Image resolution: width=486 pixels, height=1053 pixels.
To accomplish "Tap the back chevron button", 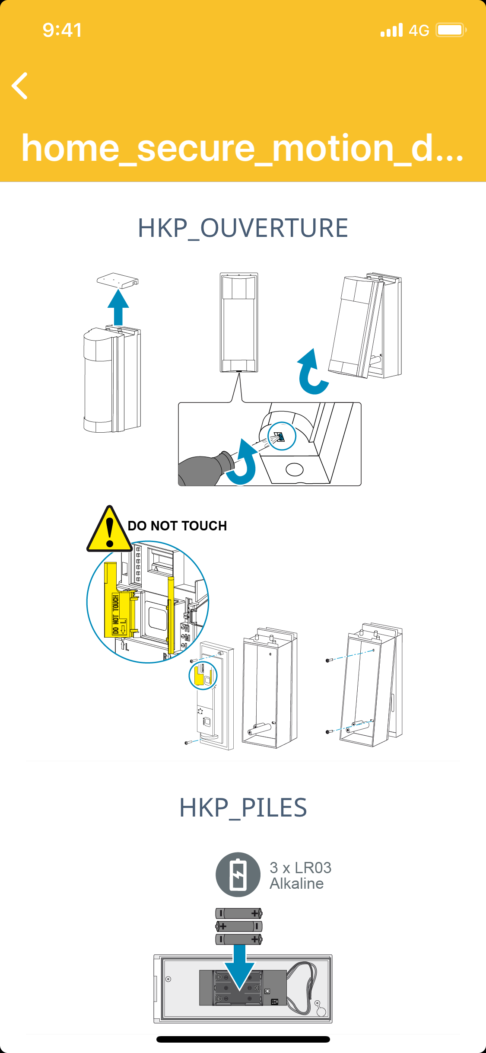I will coord(20,86).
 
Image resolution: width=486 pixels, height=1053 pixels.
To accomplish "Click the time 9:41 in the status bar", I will coord(62,30).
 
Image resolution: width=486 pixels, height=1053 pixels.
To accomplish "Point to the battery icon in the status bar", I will coord(451,30).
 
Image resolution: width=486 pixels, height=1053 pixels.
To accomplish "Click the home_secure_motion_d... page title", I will coord(242,148).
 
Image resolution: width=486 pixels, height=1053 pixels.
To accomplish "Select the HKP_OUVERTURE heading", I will coord(243,228).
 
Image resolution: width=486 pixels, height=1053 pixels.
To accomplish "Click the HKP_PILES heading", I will coord(243,807).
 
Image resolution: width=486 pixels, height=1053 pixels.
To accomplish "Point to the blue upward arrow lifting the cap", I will coord(118,307).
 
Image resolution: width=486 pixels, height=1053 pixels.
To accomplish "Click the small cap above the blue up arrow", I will coord(118,280).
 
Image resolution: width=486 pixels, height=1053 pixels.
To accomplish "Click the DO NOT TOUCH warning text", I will coord(177,526).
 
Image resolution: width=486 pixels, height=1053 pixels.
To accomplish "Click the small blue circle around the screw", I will coord(282,436).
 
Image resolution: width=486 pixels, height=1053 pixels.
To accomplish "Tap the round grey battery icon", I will coord(238,874).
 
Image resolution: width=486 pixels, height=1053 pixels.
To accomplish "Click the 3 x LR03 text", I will coord(300,868).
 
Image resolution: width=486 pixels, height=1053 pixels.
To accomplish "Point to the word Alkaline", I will coord(296,884).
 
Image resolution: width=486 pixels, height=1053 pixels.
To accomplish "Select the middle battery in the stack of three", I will coord(239,926).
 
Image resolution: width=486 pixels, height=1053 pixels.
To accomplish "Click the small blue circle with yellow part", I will coord(203,675).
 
